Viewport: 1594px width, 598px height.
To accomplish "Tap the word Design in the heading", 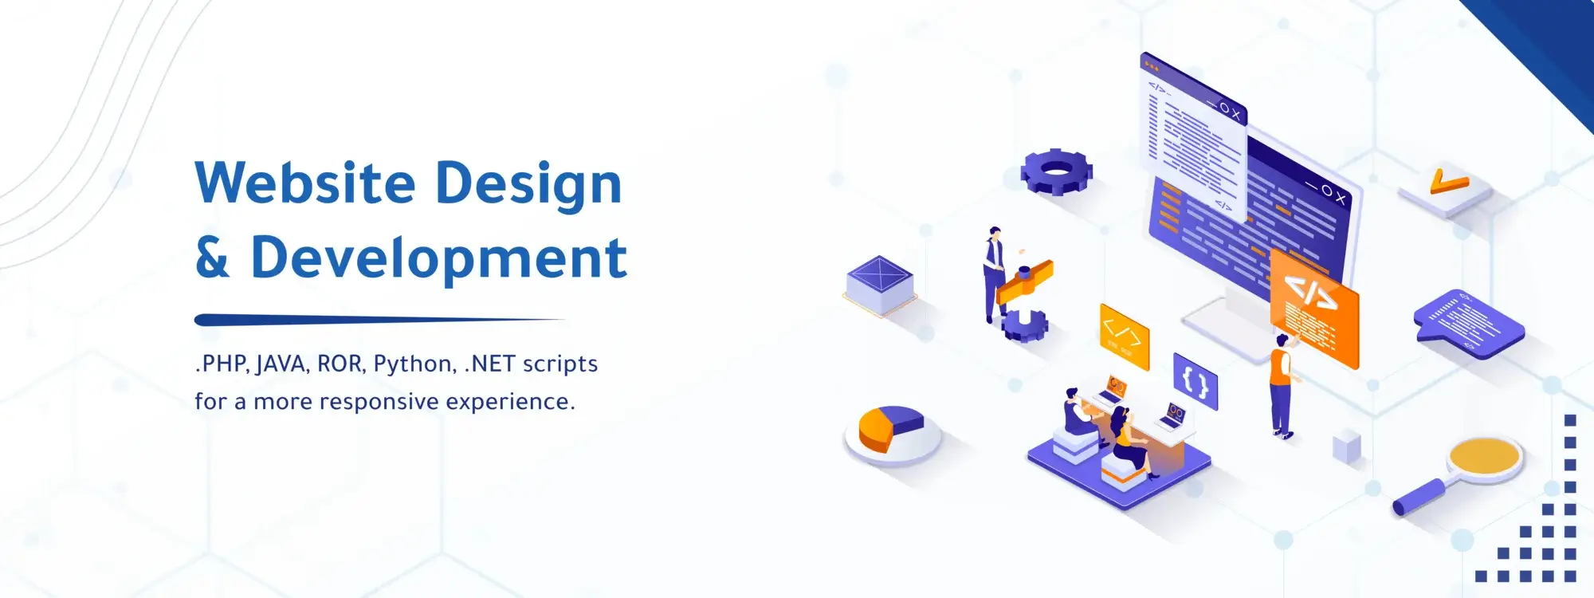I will tap(528, 184).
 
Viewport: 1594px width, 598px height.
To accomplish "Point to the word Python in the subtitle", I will tap(414, 364).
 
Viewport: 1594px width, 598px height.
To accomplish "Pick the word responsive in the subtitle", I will tap(379, 401).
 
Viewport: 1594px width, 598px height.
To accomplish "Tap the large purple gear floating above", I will tap(1056, 171).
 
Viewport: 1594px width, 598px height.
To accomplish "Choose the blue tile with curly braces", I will tap(1195, 381).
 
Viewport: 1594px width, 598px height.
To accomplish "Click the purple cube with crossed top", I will tap(879, 282).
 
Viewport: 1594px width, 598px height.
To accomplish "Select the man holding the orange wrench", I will tap(993, 271).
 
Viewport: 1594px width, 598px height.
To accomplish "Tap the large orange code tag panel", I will tap(1313, 307).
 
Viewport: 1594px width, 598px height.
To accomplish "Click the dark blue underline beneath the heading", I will tap(379, 320).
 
